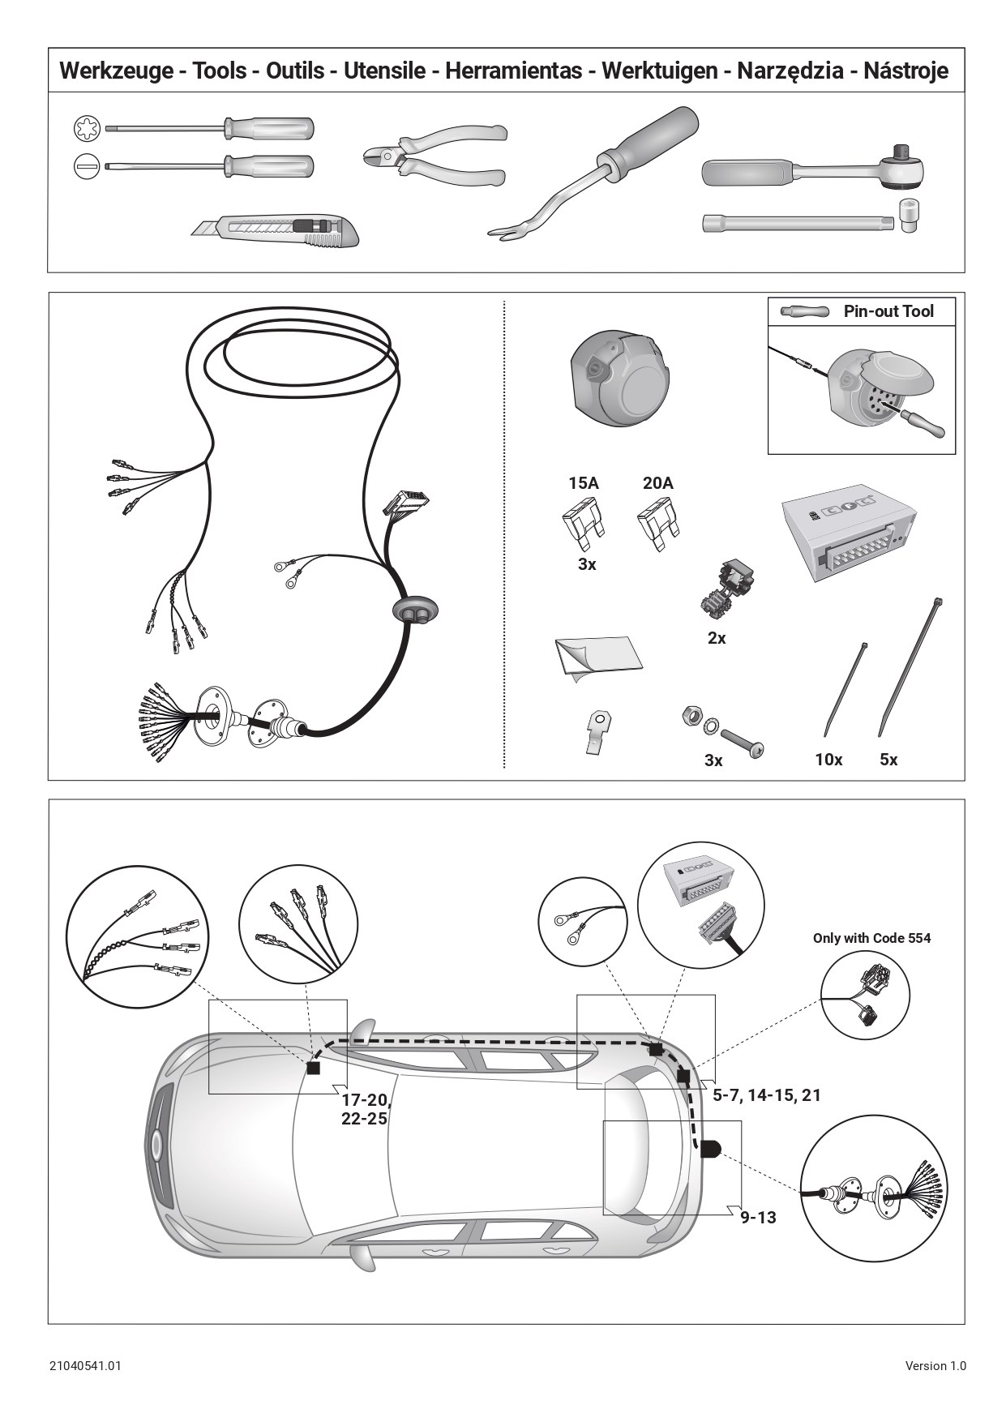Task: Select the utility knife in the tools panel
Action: click(x=276, y=230)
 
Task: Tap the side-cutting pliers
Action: click(x=435, y=155)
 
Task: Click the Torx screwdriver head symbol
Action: click(x=86, y=128)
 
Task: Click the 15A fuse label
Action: click(x=584, y=483)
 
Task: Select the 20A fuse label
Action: click(x=657, y=483)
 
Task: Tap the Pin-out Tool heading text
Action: click(x=888, y=311)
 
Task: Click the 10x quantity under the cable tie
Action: click(x=828, y=760)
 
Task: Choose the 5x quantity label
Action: click(x=888, y=760)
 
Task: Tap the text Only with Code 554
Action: click(x=872, y=938)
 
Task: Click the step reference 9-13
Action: click(x=758, y=1217)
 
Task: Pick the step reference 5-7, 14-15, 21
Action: click(x=767, y=1095)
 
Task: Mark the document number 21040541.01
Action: click(x=85, y=1365)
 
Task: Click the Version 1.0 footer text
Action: click(x=935, y=1365)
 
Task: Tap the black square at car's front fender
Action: click(x=314, y=1069)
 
